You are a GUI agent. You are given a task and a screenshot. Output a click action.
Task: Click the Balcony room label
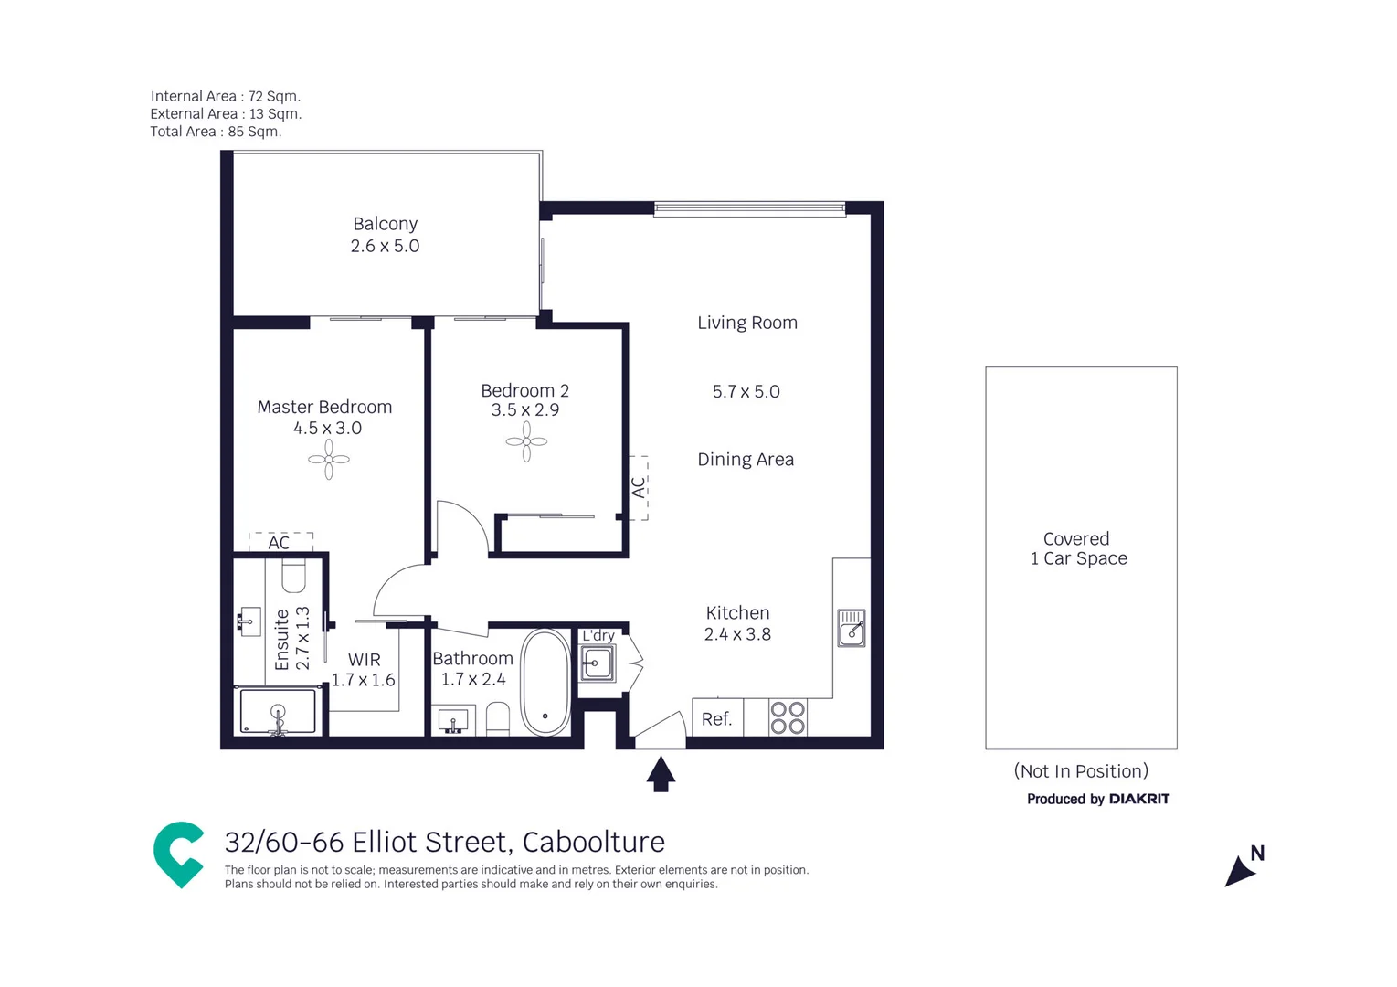click(385, 224)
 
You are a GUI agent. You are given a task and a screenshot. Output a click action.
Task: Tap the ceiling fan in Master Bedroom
click(329, 460)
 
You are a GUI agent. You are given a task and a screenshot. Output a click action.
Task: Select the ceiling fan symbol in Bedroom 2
click(526, 441)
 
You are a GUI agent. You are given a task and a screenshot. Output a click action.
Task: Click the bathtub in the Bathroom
click(545, 682)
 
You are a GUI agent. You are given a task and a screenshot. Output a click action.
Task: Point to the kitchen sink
click(852, 629)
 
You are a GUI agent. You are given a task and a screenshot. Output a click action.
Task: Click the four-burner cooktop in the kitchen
click(788, 718)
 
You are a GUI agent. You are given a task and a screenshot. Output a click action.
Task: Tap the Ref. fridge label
click(716, 719)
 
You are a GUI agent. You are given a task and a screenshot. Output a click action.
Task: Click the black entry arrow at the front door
click(661, 773)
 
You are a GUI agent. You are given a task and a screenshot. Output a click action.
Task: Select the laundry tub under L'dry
click(598, 663)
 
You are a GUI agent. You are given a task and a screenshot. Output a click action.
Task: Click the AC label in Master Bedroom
click(279, 543)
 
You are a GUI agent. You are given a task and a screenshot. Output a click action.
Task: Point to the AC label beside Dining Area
click(639, 487)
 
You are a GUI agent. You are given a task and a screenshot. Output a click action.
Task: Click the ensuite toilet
click(293, 577)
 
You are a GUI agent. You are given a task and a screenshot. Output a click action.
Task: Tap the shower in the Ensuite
click(278, 711)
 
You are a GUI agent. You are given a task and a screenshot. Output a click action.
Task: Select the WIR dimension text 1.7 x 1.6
click(363, 680)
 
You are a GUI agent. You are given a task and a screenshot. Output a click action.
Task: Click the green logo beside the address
click(179, 854)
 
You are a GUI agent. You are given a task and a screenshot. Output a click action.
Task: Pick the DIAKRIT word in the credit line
click(1138, 799)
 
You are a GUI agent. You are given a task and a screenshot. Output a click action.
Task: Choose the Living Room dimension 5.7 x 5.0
click(746, 392)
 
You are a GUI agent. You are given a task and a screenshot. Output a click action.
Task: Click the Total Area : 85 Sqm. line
click(216, 132)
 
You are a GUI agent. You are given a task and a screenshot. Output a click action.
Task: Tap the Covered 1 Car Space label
click(1078, 548)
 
